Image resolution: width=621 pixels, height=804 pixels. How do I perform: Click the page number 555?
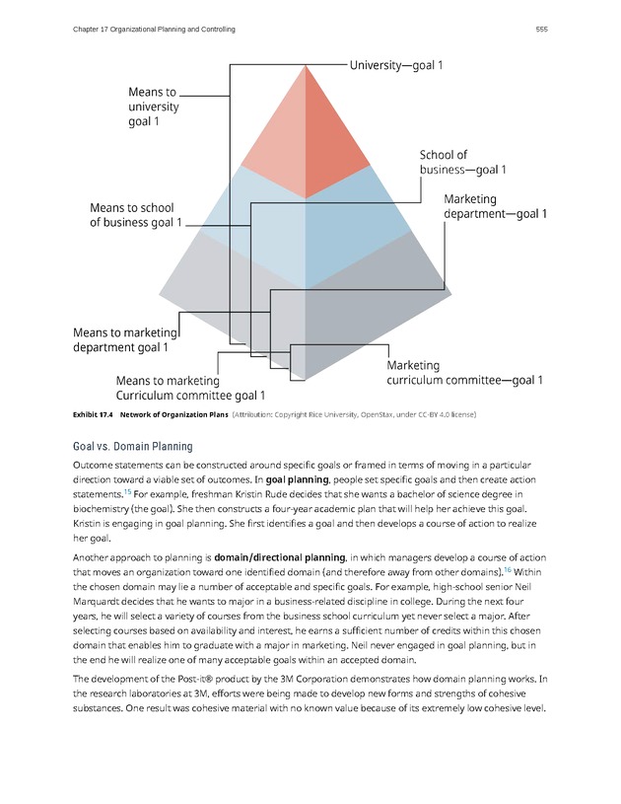click(541, 30)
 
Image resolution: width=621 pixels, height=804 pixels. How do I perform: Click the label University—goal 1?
click(396, 65)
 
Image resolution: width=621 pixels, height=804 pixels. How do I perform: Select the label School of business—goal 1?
click(462, 162)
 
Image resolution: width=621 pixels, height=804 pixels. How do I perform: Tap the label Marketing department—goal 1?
click(495, 206)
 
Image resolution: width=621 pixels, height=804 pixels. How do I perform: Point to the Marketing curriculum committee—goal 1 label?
click(464, 372)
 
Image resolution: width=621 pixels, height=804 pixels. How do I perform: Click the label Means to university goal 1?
click(154, 107)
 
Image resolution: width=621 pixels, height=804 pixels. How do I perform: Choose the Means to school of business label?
click(136, 215)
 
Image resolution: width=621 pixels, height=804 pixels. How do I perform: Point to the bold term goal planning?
click(296, 478)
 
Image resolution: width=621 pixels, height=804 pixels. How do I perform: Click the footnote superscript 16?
click(508, 569)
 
